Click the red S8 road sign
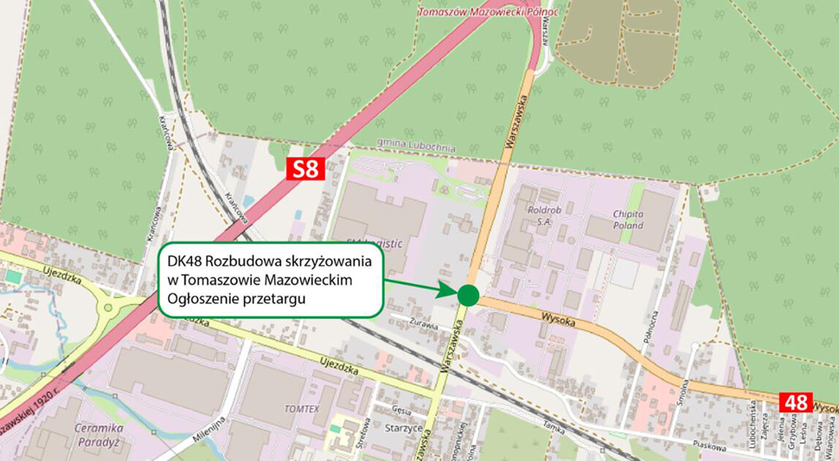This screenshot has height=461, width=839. tap(306, 170)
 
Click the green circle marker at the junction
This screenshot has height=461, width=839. tap(468, 295)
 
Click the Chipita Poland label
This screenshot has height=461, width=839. tap(628, 220)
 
